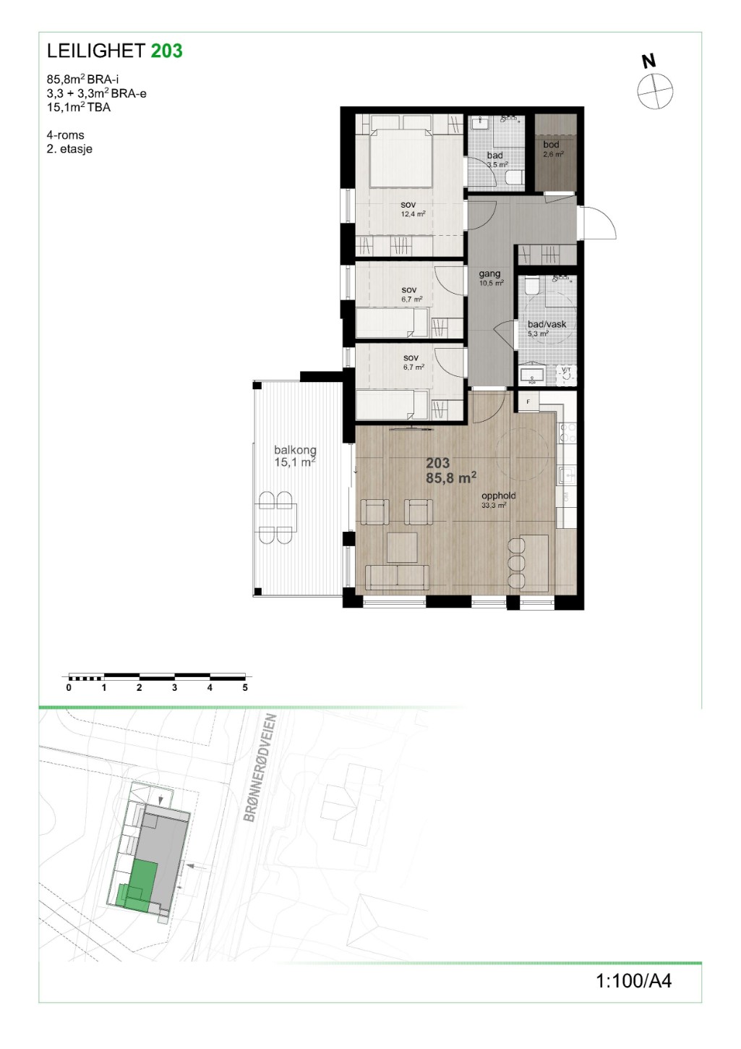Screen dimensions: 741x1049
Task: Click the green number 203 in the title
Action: click(x=167, y=51)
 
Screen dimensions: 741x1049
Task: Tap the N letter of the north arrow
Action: click(x=648, y=61)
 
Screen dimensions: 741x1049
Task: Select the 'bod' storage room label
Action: click(x=551, y=145)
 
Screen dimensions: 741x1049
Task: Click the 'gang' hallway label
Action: click(x=489, y=273)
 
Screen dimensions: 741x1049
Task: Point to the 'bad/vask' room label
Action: click(x=547, y=324)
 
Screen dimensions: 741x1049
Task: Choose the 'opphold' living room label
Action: click(x=499, y=496)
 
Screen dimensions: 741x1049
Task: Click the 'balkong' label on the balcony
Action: click(x=296, y=449)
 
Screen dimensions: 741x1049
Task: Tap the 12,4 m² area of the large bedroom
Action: click(x=413, y=214)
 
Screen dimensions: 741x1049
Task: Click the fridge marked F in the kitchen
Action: click(x=528, y=402)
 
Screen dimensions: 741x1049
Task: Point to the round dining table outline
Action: click(x=522, y=454)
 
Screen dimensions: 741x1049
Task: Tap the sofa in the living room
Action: click(x=397, y=577)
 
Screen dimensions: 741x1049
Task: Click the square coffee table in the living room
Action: click(x=402, y=547)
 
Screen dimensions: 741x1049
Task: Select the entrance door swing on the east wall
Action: click(x=600, y=223)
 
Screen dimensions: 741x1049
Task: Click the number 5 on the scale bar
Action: click(x=245, y=687)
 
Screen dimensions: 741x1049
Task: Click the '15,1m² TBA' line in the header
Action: click(x=79, y=107)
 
